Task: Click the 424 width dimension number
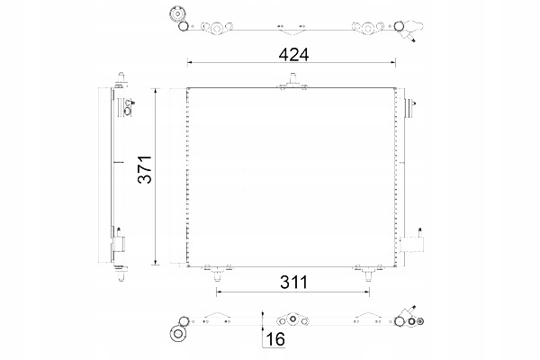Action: tap(292, 54)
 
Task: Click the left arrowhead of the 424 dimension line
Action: tap(190, 62)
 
